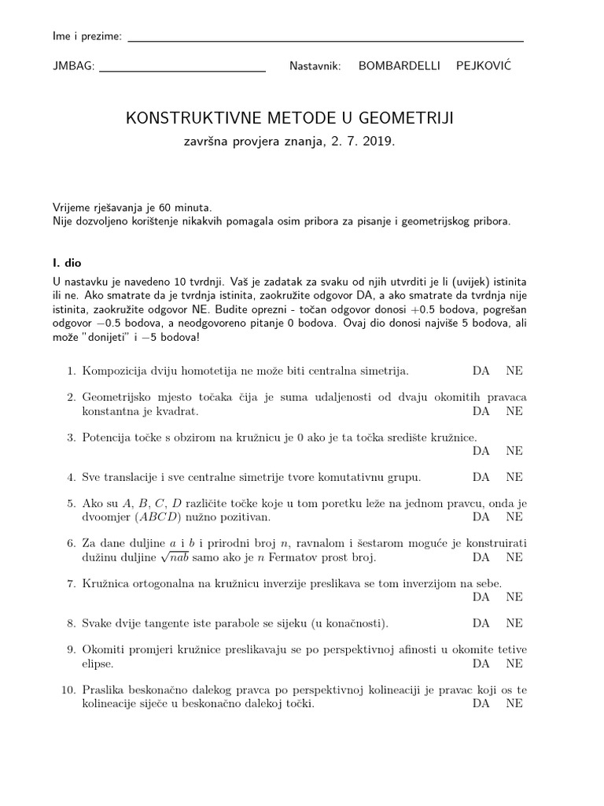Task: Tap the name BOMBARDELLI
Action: pyautogui.click(x=400, y=67)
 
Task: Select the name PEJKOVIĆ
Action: pyautogui.click(x=483, y=66)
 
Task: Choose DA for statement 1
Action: pyautogui.click(x=481, y=370)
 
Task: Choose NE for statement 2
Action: pyautogui.click(x=514, y=411)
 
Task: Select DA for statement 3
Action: pyautogui.click(x=481, y=451)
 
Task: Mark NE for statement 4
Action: pyautogui.click(x=514, y=477)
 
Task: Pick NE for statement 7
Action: pyautogui.click(x=514, y=597)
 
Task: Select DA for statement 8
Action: pyautogui.click(x=481, y=623)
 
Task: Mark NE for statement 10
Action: pyautogui.click(x=514, y=704)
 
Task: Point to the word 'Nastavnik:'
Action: pyautogui.click(x=315, y=67)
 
